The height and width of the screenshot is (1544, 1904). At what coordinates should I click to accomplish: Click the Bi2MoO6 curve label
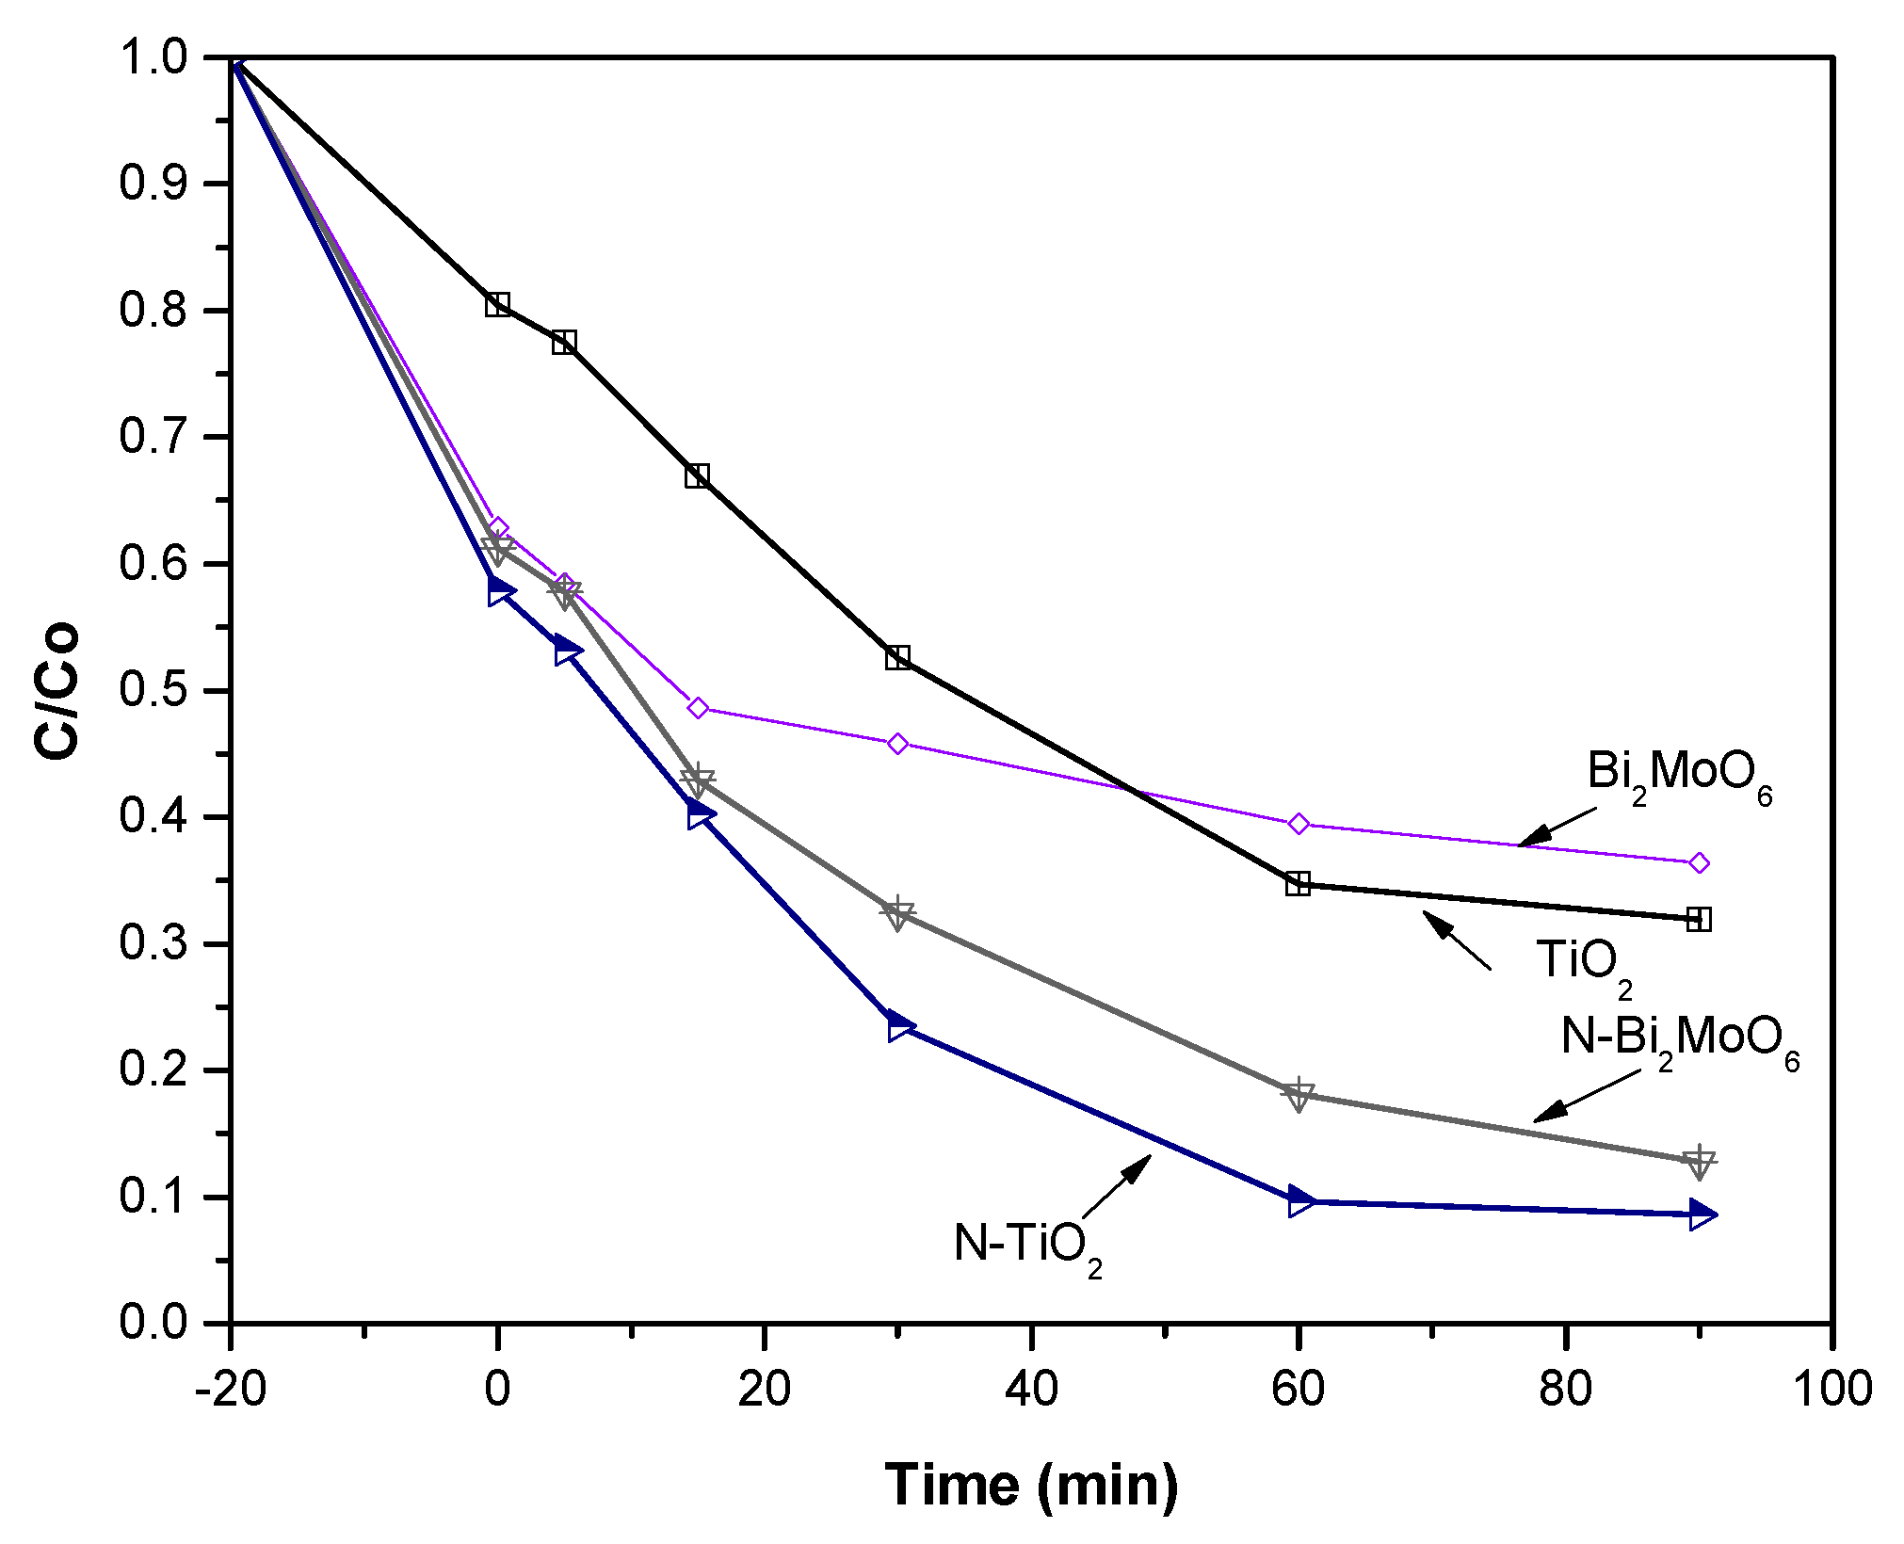pyautogui.click(x=1679, y=775)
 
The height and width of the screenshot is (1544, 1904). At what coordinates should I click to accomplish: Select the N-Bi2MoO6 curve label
pyautogui.click(x=1680, y=1040)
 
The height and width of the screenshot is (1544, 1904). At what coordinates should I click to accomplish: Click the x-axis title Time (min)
pyautogui.click(x=1031, y=1484)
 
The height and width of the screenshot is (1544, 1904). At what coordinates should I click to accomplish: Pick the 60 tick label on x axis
pyautogui.click(x=1298, y=1389)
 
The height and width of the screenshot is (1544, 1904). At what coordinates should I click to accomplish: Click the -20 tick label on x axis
pyautogui.click(x=230, y=1389)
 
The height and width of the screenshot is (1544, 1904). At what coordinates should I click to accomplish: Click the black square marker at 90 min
pyautogui.click(x=1699, y=919)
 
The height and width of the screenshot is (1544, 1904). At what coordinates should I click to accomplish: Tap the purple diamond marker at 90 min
pyautogui.click(x=1699, y=862)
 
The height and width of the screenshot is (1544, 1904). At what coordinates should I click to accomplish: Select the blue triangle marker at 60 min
pyautogui.click(x=1299, y=1201)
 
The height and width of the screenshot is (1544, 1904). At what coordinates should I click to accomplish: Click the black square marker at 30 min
pyautogui.click(x=897, y=657)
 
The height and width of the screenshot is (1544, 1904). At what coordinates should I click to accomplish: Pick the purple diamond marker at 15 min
pyautogui.click(x=698, y=708)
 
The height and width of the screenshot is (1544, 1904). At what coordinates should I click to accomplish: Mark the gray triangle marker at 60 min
pyautogui.click(x=1299, y=1095)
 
